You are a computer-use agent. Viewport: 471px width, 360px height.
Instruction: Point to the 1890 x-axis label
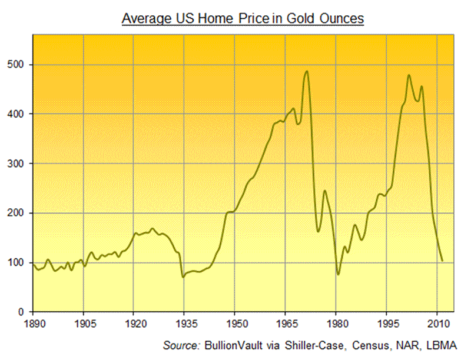click(33, 323)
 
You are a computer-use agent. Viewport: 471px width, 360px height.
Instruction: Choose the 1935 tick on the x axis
click(184, 323)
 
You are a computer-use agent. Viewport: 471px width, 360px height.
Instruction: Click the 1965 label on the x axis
click(285, 323)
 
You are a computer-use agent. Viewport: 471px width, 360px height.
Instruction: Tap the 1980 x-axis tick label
click(336, 323)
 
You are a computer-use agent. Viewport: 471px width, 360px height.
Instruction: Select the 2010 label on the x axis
click(436, 323)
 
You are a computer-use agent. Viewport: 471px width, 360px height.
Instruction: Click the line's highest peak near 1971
click(307, 71)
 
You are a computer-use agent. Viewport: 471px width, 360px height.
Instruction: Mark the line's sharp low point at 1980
click(338, 274)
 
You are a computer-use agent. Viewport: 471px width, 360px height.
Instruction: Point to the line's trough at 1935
click(184, 276)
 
